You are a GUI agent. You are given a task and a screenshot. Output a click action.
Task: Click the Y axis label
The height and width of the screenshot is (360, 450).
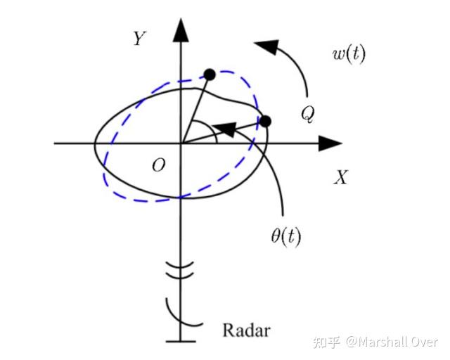pyautogui.click(x=139, y=39)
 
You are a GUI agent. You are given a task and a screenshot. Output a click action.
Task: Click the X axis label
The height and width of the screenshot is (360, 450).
pyautogui.click(x=340, y=177)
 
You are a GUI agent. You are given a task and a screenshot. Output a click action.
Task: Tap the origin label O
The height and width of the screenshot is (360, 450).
pyautogui.click(x=158, y=165)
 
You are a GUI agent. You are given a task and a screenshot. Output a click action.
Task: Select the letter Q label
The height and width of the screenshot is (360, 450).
pyautogui.click(x=307, y=113)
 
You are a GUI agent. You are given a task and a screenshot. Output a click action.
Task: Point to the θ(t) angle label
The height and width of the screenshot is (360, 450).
pyautogui.click(x=285, y=237)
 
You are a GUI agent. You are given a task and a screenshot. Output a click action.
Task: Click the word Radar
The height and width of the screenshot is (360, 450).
pyautogui.click(x=246, y=330)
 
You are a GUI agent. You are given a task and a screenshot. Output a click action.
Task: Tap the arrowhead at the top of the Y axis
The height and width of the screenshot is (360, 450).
pyautogui.click(x=181, y=30)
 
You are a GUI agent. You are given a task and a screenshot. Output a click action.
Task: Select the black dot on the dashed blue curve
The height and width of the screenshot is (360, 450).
pyautogui.click(x=209, y=74)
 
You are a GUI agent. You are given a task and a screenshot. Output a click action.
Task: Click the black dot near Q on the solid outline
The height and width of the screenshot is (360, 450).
pyautogui.click(x=265, y=122)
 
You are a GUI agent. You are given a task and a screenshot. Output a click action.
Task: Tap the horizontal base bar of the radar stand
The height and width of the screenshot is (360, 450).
pyautogui.click(x=181, y=342)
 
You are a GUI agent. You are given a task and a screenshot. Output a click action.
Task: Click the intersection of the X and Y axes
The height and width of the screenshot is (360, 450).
pyautogui.click(x=181, y=143)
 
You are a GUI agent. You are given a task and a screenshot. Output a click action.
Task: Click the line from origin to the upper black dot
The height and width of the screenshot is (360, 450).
pyautogui.click(x=195, y=108)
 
